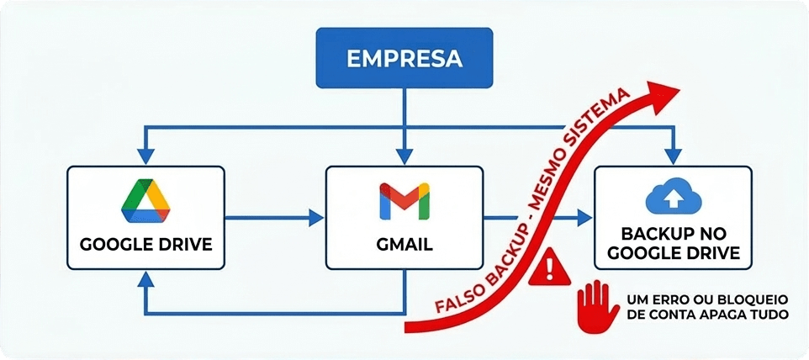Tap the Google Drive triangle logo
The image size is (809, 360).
pyautogui.click(x=145, y=201)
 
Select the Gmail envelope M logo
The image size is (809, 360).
pyautogui.click(x=404, y=201)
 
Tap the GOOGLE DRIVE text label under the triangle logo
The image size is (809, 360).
pyautogui.click(x=145, y=246)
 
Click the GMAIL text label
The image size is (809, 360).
pyautogui.click(x=404, y=246)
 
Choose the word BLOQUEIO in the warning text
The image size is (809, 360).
pyautogui.click(x=753, y=298)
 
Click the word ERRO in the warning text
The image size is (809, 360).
pyautogui.click(x=674, y=298)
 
